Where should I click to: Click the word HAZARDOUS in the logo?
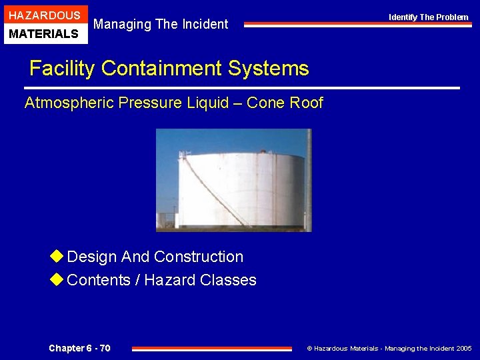[45, 15]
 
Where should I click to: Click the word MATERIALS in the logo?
[45, 33]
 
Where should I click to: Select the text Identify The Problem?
[429, 17]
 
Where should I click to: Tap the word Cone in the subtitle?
[265, 103]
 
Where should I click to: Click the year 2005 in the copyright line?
[464, 349]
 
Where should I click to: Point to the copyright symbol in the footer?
[309, 349]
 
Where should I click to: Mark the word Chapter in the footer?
[67, 348]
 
